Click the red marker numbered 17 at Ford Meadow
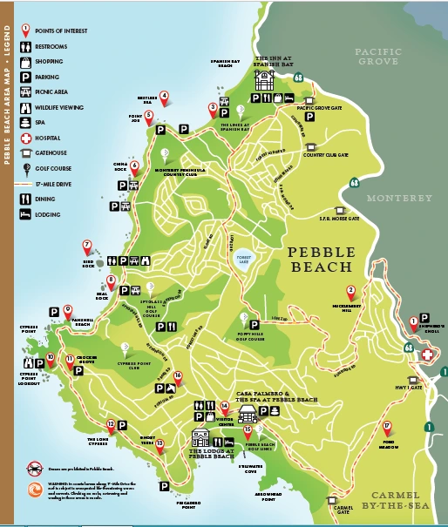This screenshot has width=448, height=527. (387, 427)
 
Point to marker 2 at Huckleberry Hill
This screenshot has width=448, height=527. (351, 293)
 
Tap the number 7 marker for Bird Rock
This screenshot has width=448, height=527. (87, 247)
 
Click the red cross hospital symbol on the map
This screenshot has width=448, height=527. (428, 355)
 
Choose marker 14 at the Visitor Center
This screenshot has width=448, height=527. (225, 406)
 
